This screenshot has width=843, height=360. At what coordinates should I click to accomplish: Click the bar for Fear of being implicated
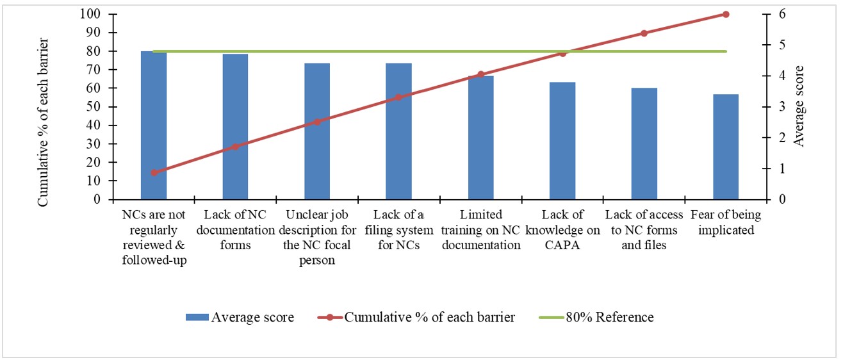(x=726, y=147)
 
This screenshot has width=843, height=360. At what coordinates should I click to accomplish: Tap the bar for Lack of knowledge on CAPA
(x=562, y=140)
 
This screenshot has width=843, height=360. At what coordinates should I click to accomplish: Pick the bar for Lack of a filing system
(x=398, y=131)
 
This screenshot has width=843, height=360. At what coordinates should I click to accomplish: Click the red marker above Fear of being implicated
(x=726, y=14)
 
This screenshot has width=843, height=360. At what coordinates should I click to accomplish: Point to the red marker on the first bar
(x=154, y=172)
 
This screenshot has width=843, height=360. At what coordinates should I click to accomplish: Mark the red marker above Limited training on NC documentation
(x=480, y=74)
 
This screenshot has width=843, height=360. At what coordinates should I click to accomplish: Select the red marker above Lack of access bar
(x=644, y=33)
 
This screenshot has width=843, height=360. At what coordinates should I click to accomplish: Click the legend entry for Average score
(x=240, y=317)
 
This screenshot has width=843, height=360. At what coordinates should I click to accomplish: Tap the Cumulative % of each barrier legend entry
(x=416, y=317)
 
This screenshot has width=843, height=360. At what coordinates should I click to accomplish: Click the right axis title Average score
(x=798, y=106)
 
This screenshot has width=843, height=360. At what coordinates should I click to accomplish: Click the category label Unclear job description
(x=316, y=237)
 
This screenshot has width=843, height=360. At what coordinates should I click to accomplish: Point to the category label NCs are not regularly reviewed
(x=154, y=237)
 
